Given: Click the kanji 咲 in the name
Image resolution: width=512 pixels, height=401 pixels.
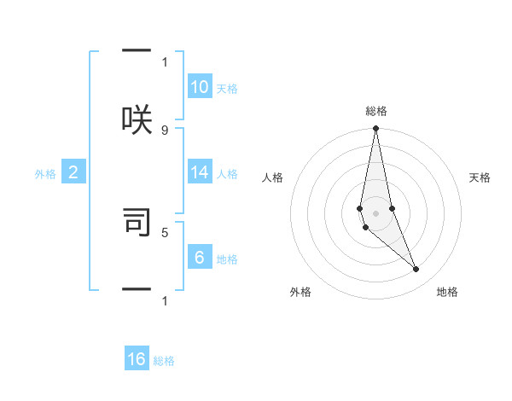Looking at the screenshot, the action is [137, 119].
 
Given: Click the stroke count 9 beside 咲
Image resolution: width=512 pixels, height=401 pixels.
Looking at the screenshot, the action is [165, 130].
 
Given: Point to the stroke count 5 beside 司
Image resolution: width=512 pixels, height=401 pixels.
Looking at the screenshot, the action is [165, 231].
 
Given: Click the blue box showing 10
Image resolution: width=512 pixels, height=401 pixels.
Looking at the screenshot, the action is [200, 86].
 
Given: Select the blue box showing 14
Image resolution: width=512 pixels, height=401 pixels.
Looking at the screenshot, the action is [200, 172].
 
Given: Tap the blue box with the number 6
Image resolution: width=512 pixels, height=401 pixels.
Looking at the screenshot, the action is [200, 258].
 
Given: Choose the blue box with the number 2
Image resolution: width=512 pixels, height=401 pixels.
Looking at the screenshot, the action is [73, 172].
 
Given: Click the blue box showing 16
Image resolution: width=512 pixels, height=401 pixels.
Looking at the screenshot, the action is [137, 359].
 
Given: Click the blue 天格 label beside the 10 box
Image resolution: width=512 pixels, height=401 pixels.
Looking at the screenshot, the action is [226, 88].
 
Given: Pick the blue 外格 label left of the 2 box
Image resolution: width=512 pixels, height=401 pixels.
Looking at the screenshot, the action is [45, 174].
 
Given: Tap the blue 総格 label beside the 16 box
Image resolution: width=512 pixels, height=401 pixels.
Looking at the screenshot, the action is [164, 361].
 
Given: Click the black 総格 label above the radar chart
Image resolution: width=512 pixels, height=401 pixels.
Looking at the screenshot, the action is [375, 111].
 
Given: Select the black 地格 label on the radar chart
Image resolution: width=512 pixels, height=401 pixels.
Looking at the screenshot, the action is [447, 292].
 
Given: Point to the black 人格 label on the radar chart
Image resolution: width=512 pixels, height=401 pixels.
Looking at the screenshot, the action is [272, 177].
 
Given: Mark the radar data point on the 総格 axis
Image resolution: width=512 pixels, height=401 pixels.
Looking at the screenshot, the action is [375, 129].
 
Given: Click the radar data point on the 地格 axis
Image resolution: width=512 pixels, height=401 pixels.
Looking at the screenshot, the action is [416, 270].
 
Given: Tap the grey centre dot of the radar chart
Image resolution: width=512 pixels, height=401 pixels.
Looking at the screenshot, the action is [375, 213].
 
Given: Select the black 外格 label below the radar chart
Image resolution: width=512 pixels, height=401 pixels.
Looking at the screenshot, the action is [300, 292].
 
